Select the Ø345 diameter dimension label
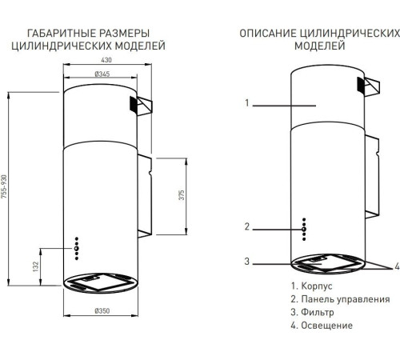102,74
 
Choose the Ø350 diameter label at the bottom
102,310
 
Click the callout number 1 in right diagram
248,103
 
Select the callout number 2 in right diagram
248,226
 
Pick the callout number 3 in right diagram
248,261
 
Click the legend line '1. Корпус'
311,286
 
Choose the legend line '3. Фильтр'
312,312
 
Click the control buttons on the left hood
76,248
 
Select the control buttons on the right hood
303,229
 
